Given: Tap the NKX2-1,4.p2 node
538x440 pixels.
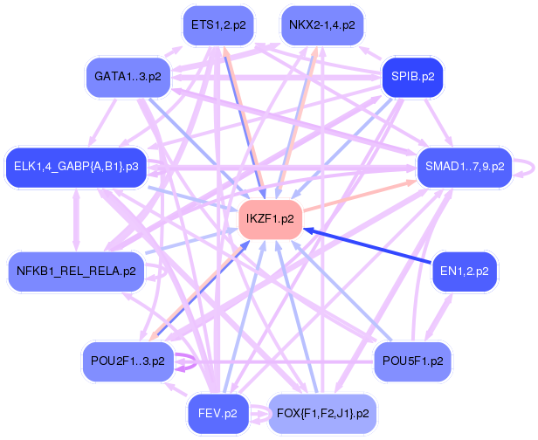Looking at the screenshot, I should (x=322, y=25).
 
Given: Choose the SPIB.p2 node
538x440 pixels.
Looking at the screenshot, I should (x=413, y=77).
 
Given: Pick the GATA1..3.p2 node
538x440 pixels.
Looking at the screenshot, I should (x=129, y=77).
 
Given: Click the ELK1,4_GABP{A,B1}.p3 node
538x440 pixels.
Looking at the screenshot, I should (x=77, y=166).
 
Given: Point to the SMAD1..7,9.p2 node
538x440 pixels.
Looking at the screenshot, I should (x=465, y=166).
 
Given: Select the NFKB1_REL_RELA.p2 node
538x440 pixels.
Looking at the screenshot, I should (x=77, y=272).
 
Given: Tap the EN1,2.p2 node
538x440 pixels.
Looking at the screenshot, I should (x=465, y=272).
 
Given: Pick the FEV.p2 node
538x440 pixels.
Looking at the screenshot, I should (x=218, y=412).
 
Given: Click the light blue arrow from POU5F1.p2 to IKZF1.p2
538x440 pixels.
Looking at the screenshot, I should (x=341, y=288).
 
